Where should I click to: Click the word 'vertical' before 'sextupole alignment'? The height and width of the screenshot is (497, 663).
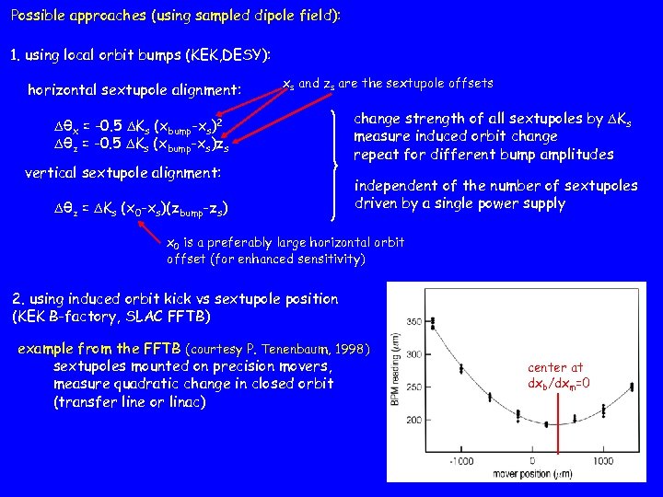[54, 172]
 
